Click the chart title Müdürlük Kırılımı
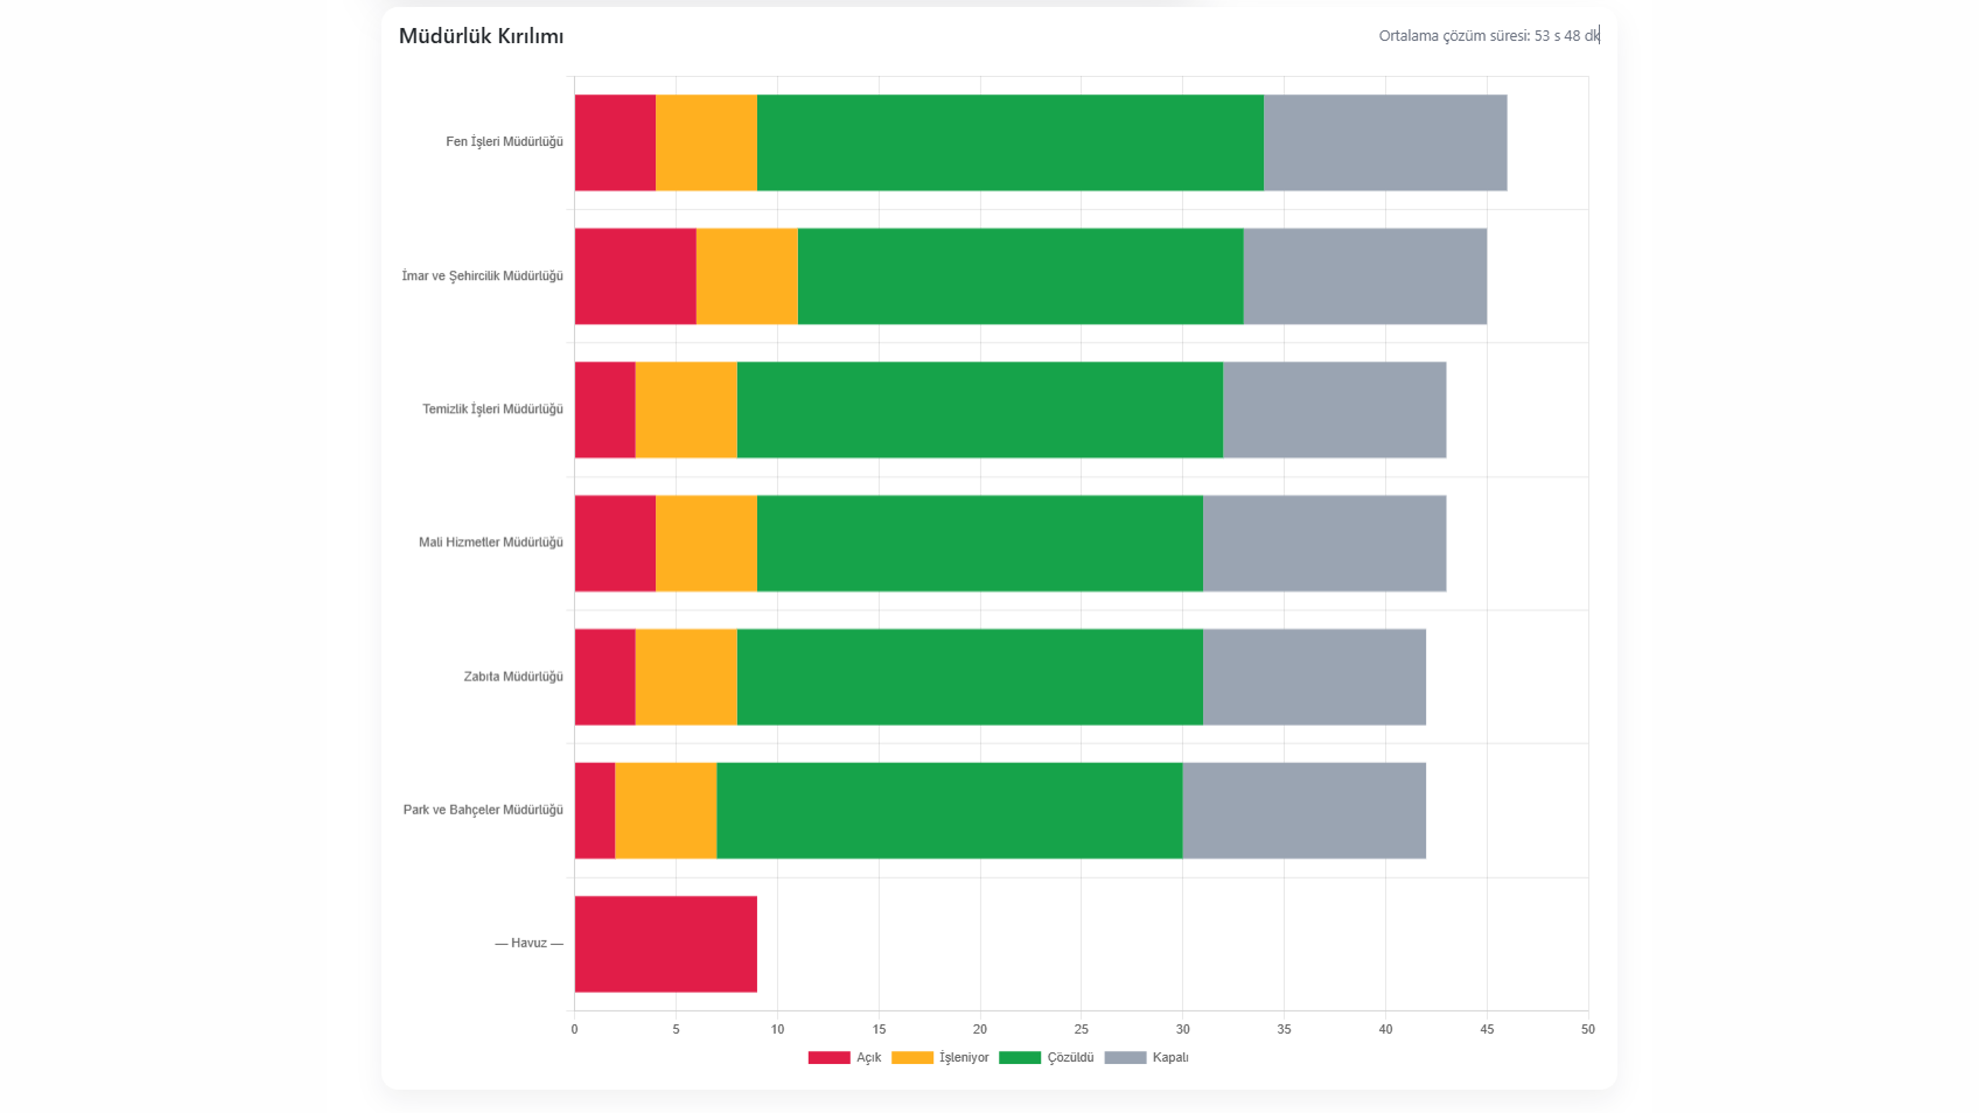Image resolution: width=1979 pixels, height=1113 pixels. (x=481, y=36)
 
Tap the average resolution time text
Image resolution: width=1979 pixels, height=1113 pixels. (x=1488, y=36)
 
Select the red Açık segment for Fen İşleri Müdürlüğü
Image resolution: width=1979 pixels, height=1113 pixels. (x=614, y=143)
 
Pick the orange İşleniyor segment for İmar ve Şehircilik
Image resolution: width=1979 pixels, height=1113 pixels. (x=746, y=277)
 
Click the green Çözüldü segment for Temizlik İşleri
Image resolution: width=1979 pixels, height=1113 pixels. (x=980, y=410)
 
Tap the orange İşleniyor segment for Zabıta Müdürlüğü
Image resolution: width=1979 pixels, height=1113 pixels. (x=685, y=677)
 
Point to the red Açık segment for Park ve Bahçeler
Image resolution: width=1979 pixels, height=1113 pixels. (x=595, y=810)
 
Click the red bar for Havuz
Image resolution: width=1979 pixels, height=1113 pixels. (x=665, y=944)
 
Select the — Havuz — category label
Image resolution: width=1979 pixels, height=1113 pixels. (x=528, y=943)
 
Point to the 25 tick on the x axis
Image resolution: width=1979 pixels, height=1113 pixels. (x=1081, y=1029)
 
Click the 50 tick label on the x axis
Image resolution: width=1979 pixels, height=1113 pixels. (x=1587, y=1029)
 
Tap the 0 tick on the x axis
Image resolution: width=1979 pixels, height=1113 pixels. (x=575, y=1029)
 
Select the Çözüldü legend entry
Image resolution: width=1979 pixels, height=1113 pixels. (x=1046, y=1058)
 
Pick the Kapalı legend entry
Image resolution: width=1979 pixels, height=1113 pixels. (x=1146, y=1058)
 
